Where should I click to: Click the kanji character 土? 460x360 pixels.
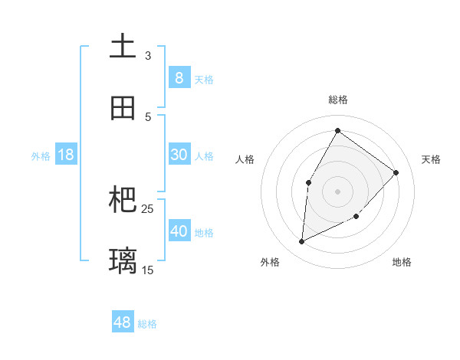pyautogui.click(x=123, y=45)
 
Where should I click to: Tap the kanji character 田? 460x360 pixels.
pyautogui.click(x=123, y=107)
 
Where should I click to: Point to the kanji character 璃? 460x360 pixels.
pyautogui.click(x=123, y=260)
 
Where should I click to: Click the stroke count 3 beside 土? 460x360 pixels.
pyautogui.click(x=148, y=55)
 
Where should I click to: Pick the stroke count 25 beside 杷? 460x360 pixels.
pyautogui.click(x=148, y=208)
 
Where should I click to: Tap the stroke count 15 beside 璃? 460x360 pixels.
pyautogui.click(x=148, y=270)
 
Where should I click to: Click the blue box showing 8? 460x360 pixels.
pyautogui.click(x=179, y=77)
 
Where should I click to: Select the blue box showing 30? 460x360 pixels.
pyautogui.click(x=179, y=155)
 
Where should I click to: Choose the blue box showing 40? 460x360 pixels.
pyautogui.click(x=179, y=231)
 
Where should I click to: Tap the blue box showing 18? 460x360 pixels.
pyautogui.click(x=66, y=155)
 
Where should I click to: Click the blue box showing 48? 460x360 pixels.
pyautogui.click(x=123, y=322)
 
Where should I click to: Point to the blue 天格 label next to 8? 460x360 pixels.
pyautogui.click(x=204, y=79)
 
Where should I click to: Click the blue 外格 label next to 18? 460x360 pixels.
pyautogui.click(x=41, y=156)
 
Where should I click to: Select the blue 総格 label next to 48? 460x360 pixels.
pyautogui.click(x=147, y=324)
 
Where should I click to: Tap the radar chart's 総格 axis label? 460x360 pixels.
pyautogui.click(x=337, y=100)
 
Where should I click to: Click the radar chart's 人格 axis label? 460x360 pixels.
pyautogui.click(x=245, y=159)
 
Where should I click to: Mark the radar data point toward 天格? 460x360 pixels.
pyautogui.click(x=396, y=172)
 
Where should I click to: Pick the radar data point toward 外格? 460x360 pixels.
pyautogui.click(x=301, y=242)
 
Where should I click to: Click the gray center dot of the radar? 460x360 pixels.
pyautogui.click(x=337, y=191)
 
